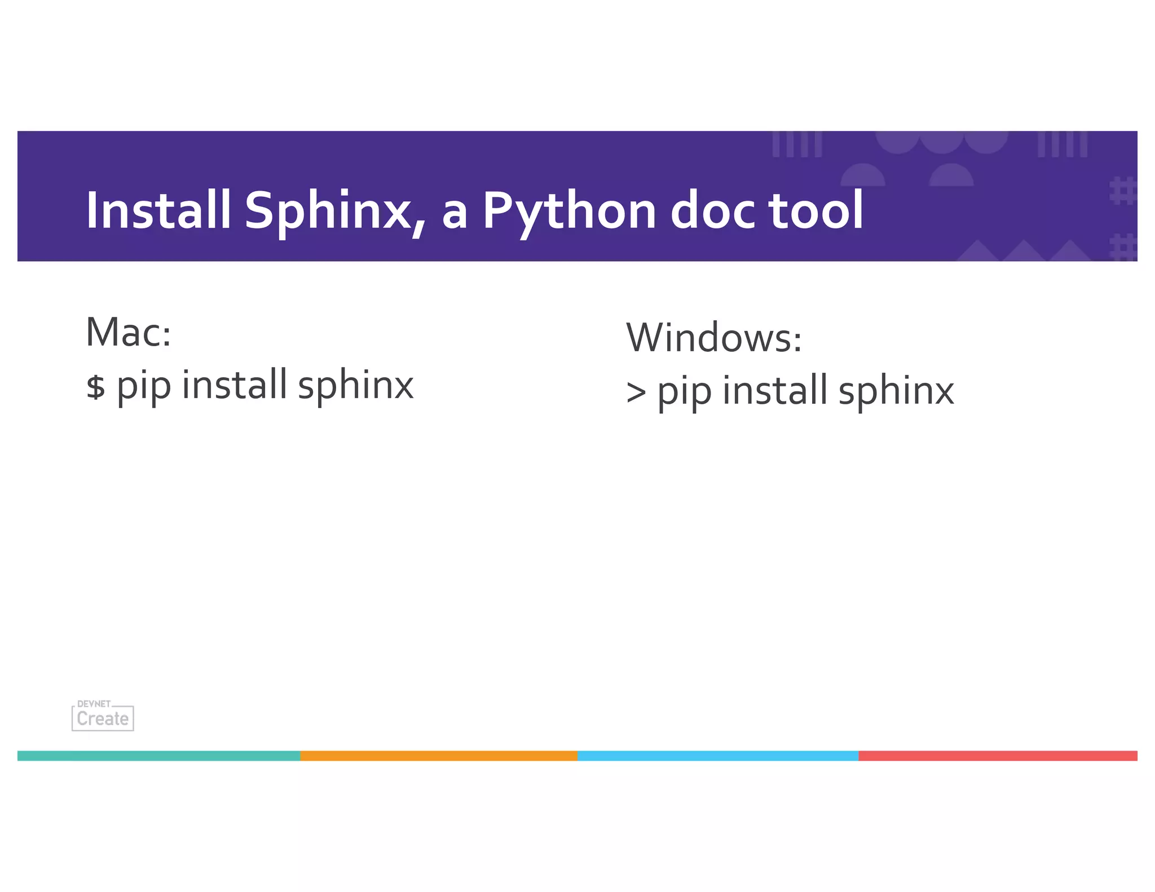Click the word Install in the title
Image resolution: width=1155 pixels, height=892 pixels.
[x=158, y=210]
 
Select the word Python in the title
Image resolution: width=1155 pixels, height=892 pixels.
[x=569, y=211]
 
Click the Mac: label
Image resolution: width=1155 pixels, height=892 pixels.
[x=129, y=333]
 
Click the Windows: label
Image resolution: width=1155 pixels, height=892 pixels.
[x=714, y=338]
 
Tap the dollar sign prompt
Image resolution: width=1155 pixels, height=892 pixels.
[x=95, y=387]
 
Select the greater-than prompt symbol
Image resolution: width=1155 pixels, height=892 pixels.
[x=636, y=392]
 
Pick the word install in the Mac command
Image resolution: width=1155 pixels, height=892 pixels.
[x=235, y=385]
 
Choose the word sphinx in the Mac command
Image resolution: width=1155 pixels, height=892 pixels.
[x=356, y=386]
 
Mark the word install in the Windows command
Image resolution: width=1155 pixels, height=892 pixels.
[x=775, y=390]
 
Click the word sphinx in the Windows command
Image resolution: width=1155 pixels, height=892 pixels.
[x=896, y=391]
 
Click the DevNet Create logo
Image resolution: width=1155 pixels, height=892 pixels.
[x=103, y=716]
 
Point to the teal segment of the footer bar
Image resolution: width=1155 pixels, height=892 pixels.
[x=159, y=756]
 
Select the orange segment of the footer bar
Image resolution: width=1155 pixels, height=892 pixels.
[x=439, y=756]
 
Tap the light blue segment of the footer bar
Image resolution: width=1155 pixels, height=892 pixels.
[x=718, y=756]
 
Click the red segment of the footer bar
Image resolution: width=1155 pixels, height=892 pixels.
[x=998, y=756]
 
